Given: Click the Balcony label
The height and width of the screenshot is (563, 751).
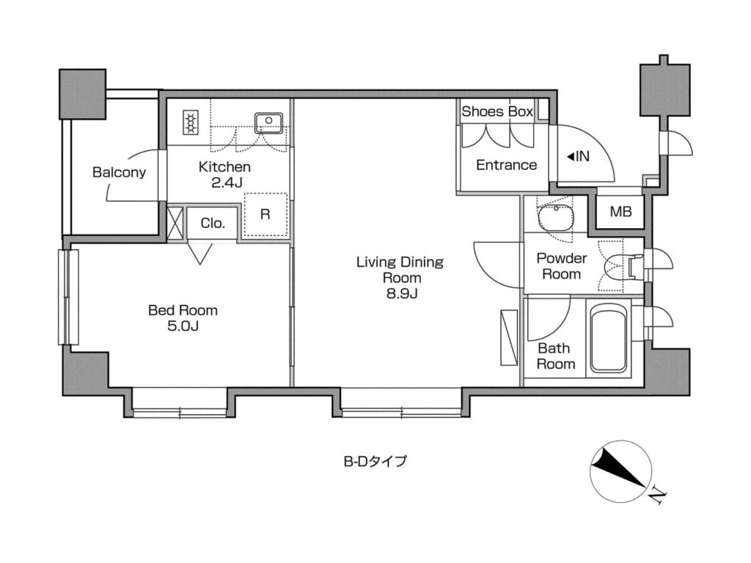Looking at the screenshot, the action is click(119, 172).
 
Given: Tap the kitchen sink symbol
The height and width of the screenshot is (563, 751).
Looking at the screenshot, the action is click(268, 122).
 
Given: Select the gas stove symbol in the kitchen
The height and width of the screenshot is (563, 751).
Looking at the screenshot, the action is click(191, 122).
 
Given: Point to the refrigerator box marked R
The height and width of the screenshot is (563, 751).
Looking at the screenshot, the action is click(265, 215).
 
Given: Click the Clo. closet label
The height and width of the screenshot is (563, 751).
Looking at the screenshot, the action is click(213, 223).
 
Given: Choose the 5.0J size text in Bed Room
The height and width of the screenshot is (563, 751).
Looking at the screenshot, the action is click(183, 326).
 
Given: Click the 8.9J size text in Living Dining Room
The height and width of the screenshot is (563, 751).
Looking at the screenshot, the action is click(402, 293).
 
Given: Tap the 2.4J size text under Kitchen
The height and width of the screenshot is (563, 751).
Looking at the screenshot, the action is click(227, 183).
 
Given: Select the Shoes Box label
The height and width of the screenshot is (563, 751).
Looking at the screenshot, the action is click(497, 111).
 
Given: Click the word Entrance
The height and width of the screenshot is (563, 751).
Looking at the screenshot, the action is click(506, 165).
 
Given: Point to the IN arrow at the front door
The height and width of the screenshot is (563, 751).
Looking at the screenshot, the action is click(571, 157).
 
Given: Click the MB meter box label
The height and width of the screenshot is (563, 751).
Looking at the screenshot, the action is click(620, 212).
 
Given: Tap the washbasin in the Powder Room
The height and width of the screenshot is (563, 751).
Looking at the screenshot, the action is click(556, 218).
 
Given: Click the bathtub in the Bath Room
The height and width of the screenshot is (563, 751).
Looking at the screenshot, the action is click(608, 339).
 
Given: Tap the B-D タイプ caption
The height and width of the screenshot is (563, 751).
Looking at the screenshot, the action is click(375, 461).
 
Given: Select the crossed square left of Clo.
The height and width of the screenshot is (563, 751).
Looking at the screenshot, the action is click(175, 222).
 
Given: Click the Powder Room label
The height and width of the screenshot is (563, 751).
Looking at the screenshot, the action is click(561, 266).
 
